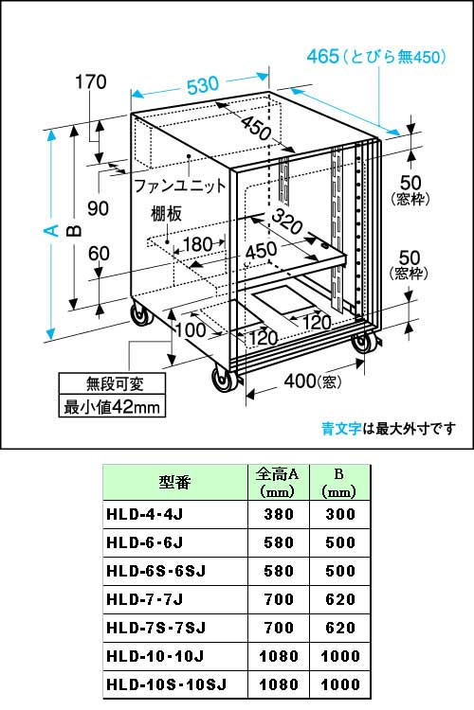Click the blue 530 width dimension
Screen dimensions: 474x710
point(202,85)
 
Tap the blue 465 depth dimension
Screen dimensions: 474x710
point(323,56)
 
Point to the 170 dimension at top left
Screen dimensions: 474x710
point(91,82)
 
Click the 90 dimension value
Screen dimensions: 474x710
point(99,208)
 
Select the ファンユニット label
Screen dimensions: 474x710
point(179,186)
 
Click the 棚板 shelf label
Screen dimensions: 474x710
point(167,214)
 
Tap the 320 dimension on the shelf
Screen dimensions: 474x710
point(286,222)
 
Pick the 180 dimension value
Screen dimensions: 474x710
point(198,244)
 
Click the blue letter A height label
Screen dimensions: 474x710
point(53,230)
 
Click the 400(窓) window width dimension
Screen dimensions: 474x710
point(312,381)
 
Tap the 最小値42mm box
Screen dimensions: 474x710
point(112,406)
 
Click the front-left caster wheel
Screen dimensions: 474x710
point(225,379)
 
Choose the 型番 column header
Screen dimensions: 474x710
point(174,482)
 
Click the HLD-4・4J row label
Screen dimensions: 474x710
point(144,514)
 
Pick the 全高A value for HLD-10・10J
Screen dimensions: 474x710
point(279,656)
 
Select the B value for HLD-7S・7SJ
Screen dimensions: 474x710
point(340,628)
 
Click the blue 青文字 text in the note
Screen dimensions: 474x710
point(341,428)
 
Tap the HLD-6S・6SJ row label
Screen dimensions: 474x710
point(156,571)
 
